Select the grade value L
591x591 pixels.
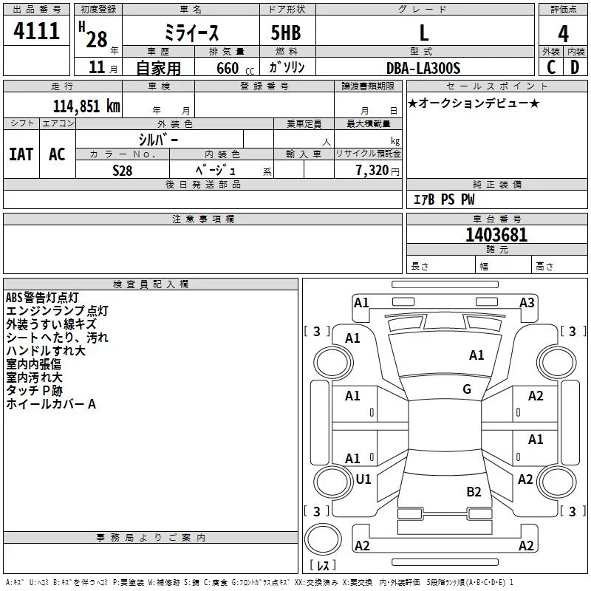(x=423, y=33)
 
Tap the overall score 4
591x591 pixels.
(x=563, y=33)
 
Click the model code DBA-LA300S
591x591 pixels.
(x=423, y=68)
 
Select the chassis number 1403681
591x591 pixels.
(x=496, y=236)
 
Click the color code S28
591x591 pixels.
(x=123, y=170)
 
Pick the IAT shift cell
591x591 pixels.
(x=21, y=154)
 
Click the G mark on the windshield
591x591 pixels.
(x=467, y=389)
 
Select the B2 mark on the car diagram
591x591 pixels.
(x=474, y=491)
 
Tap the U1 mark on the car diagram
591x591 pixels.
(x=363, y=479)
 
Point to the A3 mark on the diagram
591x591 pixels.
(x=527, y=302)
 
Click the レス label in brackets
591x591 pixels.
(x=323, y=567)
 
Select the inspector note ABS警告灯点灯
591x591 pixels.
(x=42, y=298)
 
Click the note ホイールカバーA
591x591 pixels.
(x=51, y=404)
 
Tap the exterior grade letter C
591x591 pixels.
(x=550, y=68)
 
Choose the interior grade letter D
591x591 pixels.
(x=575, y=68)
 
